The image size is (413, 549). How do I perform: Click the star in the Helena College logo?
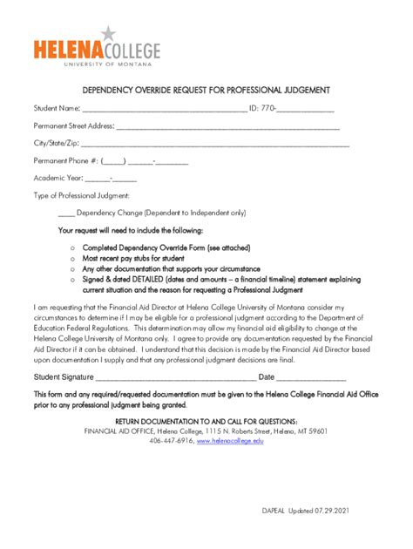[x=107, y=33]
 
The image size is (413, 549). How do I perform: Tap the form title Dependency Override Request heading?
[x=206, y=90]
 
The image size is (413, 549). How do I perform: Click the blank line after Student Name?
[x=165, y=111]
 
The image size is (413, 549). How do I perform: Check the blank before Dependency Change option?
[x=66, y=213]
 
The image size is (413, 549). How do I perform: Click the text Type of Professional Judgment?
[x=81, y=195]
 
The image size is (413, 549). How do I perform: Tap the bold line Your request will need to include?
[x=130, y=231]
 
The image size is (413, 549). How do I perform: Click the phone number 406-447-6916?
[x=172, y=442]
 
